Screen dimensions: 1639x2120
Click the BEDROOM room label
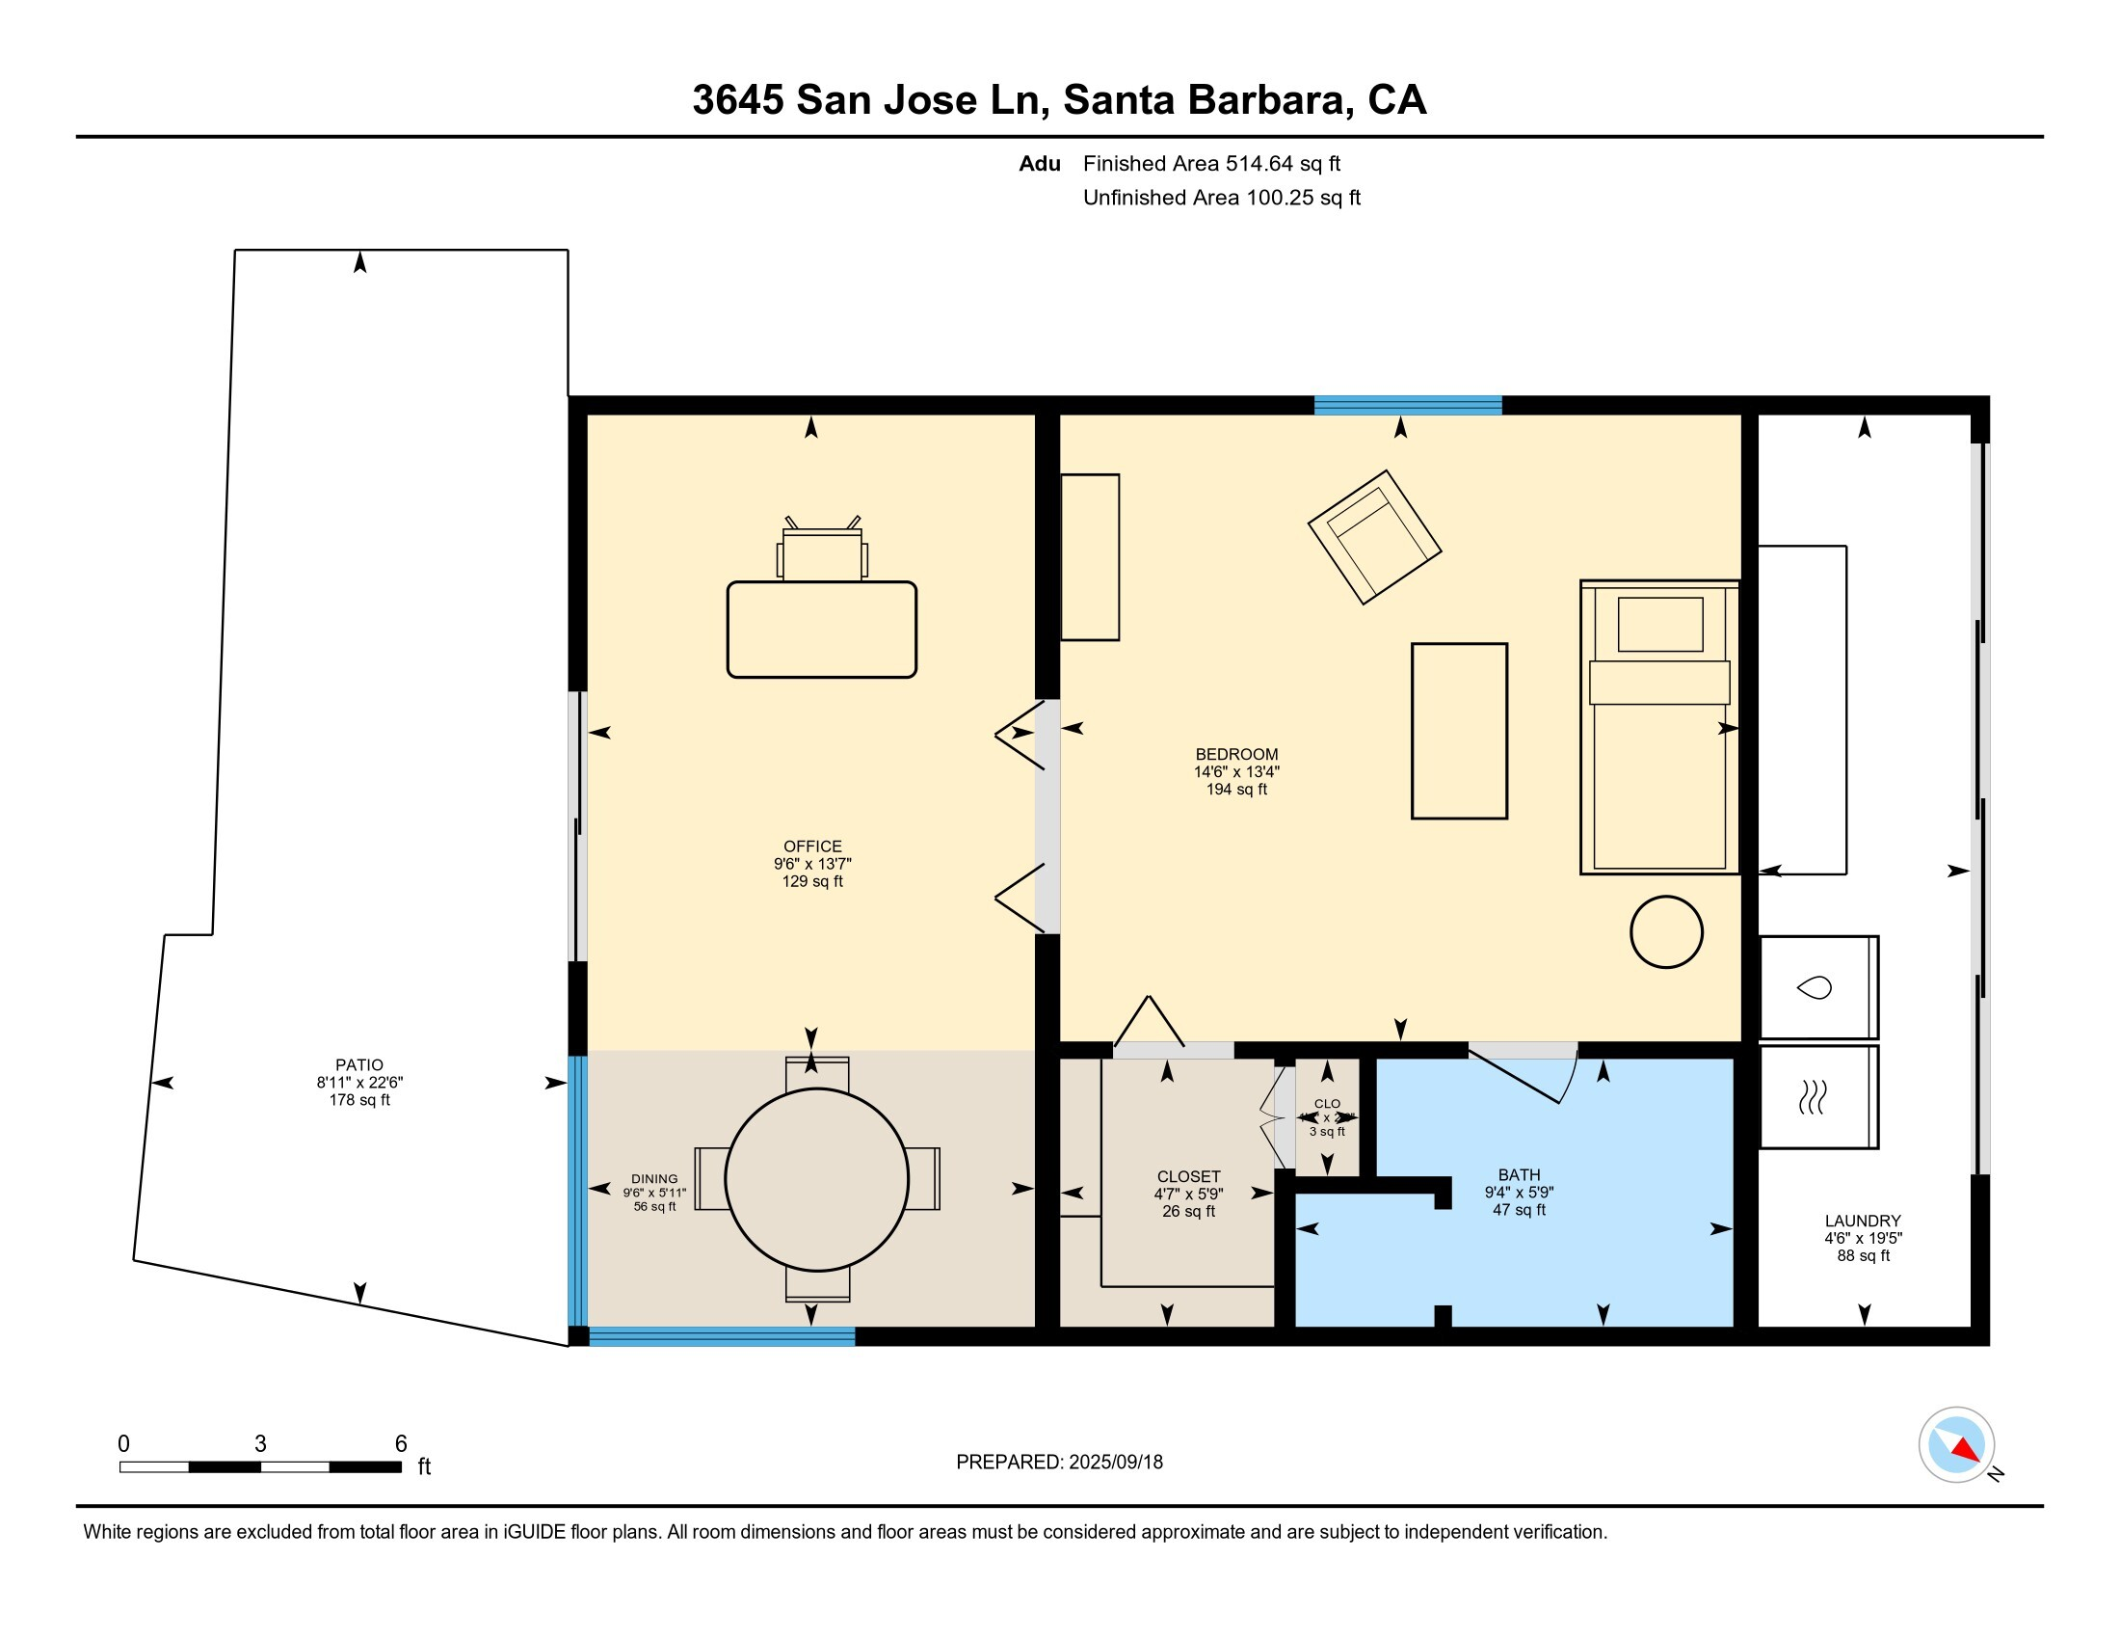pyautogui.click(x=1235, y=755)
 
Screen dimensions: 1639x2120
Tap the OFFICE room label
pyautogui.click(x=812, y=846)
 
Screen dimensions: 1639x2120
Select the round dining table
pyautogui.click(x=817, y=1179)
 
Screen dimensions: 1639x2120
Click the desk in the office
pyautogui.click(x=821, y=630)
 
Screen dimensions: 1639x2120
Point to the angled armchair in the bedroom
pyautogui.click(x=1373, y=537)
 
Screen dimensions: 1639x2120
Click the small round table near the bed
pyautogui.click(x=1666, y=932)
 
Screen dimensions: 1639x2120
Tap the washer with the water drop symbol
pyautogui.click(x=1817, y=987)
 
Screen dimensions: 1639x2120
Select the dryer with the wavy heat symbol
pyautogui.click(x=1817, y=1097)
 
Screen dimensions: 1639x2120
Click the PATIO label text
pyautogui.click(x=359, y=1065)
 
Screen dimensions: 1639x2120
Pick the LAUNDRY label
pyautogui.click(x=1862, y=1221)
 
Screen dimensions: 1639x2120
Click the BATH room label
pyautogui.click(x=1519, y=1175)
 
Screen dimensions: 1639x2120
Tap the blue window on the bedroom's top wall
pyautogui.click(x=1408, y=406)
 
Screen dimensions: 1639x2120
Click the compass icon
pyautogui.click(x=1956, y=1445)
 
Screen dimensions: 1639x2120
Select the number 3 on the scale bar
pyautogui.click(x=260, y=1444)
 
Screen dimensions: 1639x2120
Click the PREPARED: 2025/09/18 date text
pyautogui.click(x=1059, y=1463)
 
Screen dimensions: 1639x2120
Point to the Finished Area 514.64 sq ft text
pyautogui.click(x=1210, y=164)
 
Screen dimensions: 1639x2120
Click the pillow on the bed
pyautogui.click(x=1660, y=625)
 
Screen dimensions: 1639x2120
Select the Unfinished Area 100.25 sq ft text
pyautogui.click(x=1221, y=198)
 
